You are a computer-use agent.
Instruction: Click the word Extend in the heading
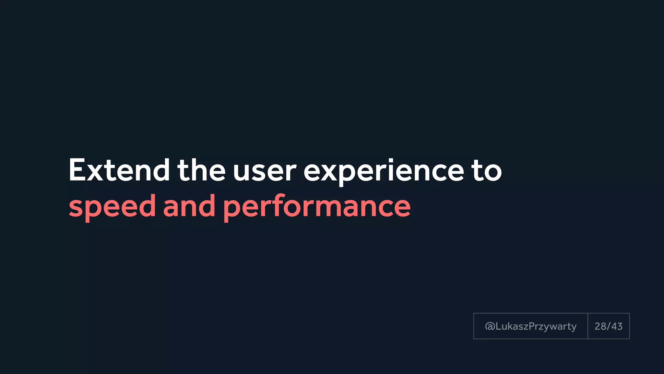[119, 170]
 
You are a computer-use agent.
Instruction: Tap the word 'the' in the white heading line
[201, 170]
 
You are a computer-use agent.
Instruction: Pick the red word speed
[112, 206]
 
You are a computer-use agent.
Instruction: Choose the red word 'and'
[189, 206]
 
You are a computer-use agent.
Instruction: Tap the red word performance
[317, 206]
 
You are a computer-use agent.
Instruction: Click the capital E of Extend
[77, 170]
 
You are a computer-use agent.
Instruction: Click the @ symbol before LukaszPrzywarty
[490, 326]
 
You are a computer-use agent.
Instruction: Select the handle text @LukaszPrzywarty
[531, 326]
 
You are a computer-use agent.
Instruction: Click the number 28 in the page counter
[600, 326]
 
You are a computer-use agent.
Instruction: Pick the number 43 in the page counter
[617, 326]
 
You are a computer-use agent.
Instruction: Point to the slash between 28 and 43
[609, 326]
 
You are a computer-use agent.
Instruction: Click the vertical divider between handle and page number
[587, 326]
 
